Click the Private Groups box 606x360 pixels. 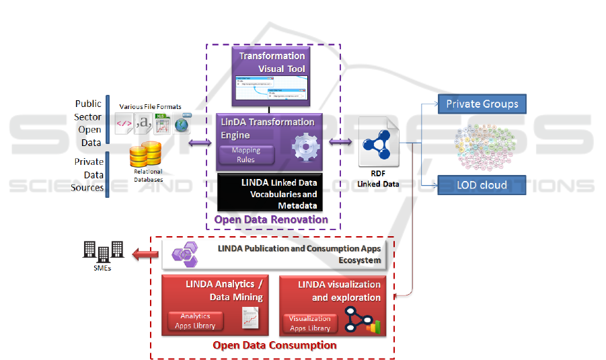coord(482,104)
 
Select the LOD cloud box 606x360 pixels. coord(482,184)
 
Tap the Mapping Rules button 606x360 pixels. coord(246,155)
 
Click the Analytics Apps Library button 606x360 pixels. coord(195,320)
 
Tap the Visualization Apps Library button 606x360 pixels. coord(310,324)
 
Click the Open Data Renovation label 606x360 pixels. coord(271,219)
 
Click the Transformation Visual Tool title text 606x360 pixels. coord(272,63)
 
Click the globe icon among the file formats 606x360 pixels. coord(181,124)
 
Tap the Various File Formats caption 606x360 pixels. coord(150,107)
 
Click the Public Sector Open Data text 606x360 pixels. coord(89,122)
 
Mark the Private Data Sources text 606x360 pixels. coord(89,174)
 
